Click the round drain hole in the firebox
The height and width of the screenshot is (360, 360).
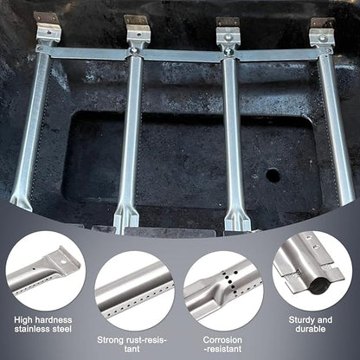273,175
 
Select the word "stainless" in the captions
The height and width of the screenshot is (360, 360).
33,329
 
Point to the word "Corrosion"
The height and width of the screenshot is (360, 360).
222,340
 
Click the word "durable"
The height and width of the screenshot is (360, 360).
311,329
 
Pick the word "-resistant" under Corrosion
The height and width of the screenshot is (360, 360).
222,349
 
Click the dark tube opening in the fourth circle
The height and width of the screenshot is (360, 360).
318,286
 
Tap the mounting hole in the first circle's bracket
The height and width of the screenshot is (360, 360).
63,262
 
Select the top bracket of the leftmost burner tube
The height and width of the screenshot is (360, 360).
48,27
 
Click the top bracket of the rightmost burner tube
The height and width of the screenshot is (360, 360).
322,31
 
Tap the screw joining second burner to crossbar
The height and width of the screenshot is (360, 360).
133,51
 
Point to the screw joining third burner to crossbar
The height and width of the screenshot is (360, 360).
228,52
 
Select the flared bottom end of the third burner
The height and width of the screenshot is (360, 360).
237,217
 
